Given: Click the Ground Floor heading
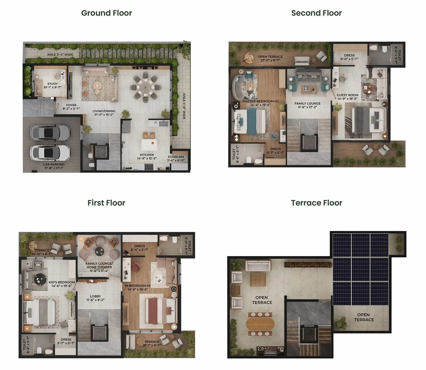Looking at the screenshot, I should click(x=106, y=13).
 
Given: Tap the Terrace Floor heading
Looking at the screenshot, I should click(x=317, y=203).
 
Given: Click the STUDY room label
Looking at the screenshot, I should click(x=52, y=85).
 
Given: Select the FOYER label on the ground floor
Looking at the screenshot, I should click(x=71, y=107).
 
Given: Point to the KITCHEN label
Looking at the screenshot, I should click(x=147, y=157).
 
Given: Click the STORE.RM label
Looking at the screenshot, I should click(x=176, y=158).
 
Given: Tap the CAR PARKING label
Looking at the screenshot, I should click(x=54, y=166).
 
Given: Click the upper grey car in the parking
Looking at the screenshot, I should click(x=50, y=133).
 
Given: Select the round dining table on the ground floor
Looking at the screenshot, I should click(x=145, y=87).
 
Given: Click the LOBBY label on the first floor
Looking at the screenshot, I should click(x=95, y=298).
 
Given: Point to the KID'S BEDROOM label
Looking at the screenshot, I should click(x=62, y=284).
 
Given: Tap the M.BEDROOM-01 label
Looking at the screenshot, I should click(x=138, y=287).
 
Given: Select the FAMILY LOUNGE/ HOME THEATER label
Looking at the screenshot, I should click(x=99, y=267).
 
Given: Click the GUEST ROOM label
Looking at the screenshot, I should click(x=347, y=97).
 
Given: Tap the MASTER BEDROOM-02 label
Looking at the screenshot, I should click(x=260, y=103).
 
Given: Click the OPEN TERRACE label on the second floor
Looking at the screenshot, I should click(x=270, y=58).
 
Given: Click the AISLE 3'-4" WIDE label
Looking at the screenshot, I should click(x=60, y=55).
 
